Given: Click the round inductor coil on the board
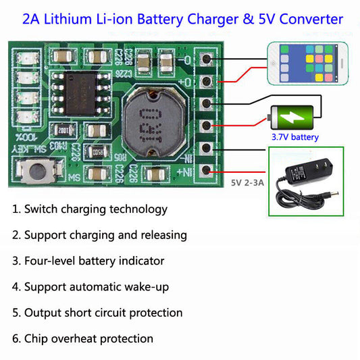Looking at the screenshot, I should (153, 122).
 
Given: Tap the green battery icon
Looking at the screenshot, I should (294, 118).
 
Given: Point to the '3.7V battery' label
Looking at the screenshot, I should (295, 138).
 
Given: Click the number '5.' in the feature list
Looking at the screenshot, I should (16, 313).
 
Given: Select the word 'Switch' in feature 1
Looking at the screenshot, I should (43, 209).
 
